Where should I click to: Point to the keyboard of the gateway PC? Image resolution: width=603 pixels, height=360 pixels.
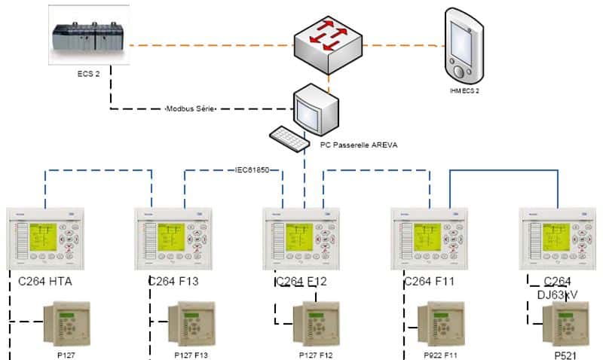coord(289,138)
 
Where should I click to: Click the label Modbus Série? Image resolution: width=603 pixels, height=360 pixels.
coord(191,109)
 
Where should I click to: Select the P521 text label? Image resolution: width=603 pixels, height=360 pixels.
coord(569,353)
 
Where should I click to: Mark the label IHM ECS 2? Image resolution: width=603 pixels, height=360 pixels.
coord(464,90)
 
